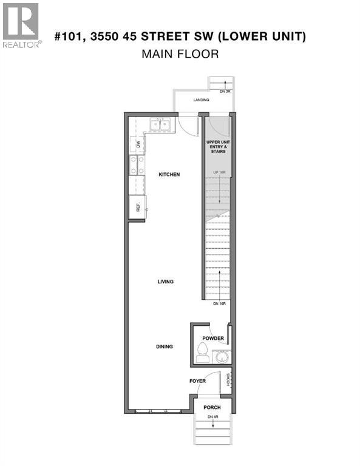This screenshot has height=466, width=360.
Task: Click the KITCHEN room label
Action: (x=169, y=175)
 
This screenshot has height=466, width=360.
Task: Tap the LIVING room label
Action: (x=165, y=282)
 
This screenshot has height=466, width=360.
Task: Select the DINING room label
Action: (x=164, y=347)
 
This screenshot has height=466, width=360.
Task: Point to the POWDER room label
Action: (x=213, y=339)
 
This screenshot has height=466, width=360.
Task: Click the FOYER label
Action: (x=198, y=382)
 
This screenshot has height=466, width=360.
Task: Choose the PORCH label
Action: (x=212, y=407)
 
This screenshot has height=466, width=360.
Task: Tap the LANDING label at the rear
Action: (x=202, y=100)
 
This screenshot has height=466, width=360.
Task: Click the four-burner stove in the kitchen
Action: (x=137, y=165)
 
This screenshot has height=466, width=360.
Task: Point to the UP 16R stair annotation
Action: (x=219, y=173)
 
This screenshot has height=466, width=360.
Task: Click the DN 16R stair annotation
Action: (x=219, y=303)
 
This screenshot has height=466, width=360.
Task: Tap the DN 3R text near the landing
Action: (x=225, y=92)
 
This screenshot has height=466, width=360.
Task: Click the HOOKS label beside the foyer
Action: (x=228, y=379)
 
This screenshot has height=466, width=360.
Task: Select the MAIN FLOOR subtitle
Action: (x=180, y=54)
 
